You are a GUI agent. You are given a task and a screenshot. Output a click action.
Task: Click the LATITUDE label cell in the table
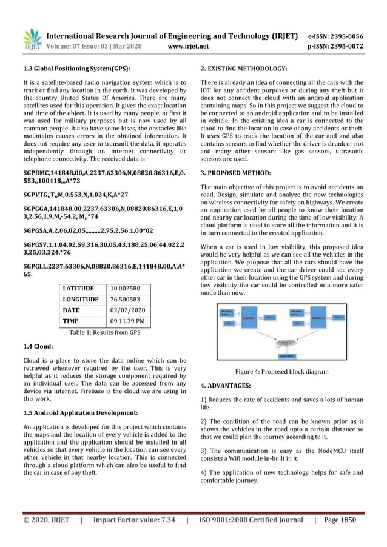click(x=79, y=288)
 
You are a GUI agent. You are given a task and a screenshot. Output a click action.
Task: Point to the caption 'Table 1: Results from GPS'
click(x=105, y=332)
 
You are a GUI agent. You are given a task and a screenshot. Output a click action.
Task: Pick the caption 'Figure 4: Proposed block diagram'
click(x=281, y=372)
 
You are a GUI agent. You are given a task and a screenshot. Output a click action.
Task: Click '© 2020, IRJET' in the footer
click(x=46, y=520)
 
